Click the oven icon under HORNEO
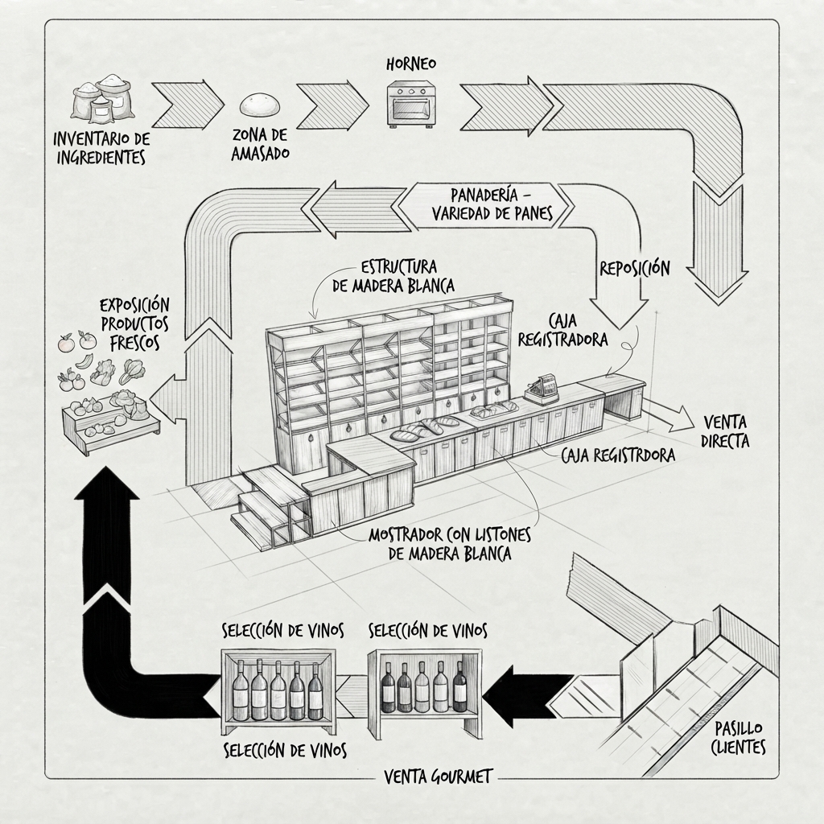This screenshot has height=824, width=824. [411, 105]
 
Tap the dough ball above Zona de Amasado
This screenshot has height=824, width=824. [260, 105]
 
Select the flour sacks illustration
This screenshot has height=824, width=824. [102, 98]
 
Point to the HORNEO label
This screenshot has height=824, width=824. [411, 64]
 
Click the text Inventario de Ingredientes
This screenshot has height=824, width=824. [101, 148]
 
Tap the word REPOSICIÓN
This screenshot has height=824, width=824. [635, 269]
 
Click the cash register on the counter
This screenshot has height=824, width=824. [542, 389]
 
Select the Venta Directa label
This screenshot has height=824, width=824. [725, 431]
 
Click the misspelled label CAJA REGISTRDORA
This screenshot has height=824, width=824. [618, 455]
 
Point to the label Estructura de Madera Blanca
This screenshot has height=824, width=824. [393, 276]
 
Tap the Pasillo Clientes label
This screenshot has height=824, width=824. [739, 737]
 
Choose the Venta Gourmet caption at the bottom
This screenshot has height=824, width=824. [438, 777]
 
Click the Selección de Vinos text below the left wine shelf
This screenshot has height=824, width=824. [285, 751]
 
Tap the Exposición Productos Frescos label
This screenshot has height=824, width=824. [134, 324]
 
